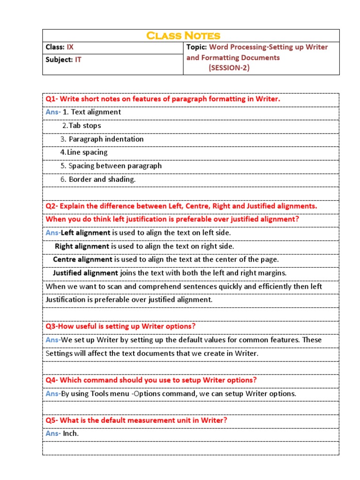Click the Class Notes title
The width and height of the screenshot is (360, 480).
click(183, 36)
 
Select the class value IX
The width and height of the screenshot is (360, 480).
click(70, 47)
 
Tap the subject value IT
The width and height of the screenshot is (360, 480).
click(78, 60)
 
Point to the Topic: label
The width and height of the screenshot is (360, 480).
click(196, 47)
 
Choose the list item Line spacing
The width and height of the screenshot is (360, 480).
click(87, 152)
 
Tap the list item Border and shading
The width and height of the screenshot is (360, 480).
click(102, 179)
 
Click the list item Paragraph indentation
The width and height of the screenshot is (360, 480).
click(106, 139)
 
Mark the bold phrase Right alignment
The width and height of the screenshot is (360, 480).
click(82, 246)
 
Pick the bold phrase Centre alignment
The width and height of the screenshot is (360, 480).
click(82, 259)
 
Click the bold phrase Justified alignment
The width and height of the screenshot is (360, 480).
click(85, 273)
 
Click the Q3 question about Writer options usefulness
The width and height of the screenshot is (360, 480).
click(120, 326)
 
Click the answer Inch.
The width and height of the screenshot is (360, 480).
click(71, 434)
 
